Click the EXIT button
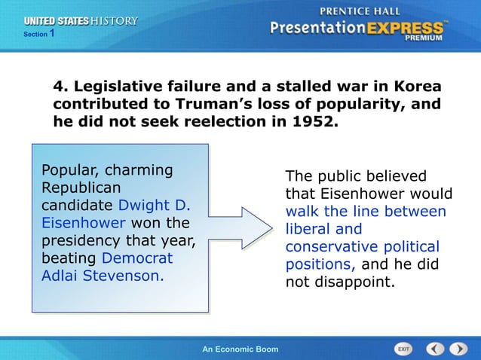click(404, 349)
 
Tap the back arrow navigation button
click(436, 349)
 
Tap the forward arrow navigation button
click(458, 349)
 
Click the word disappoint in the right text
click(352, 283)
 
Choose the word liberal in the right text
click(309, 229)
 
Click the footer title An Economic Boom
click(241, 349)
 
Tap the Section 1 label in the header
click(38, 35)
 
